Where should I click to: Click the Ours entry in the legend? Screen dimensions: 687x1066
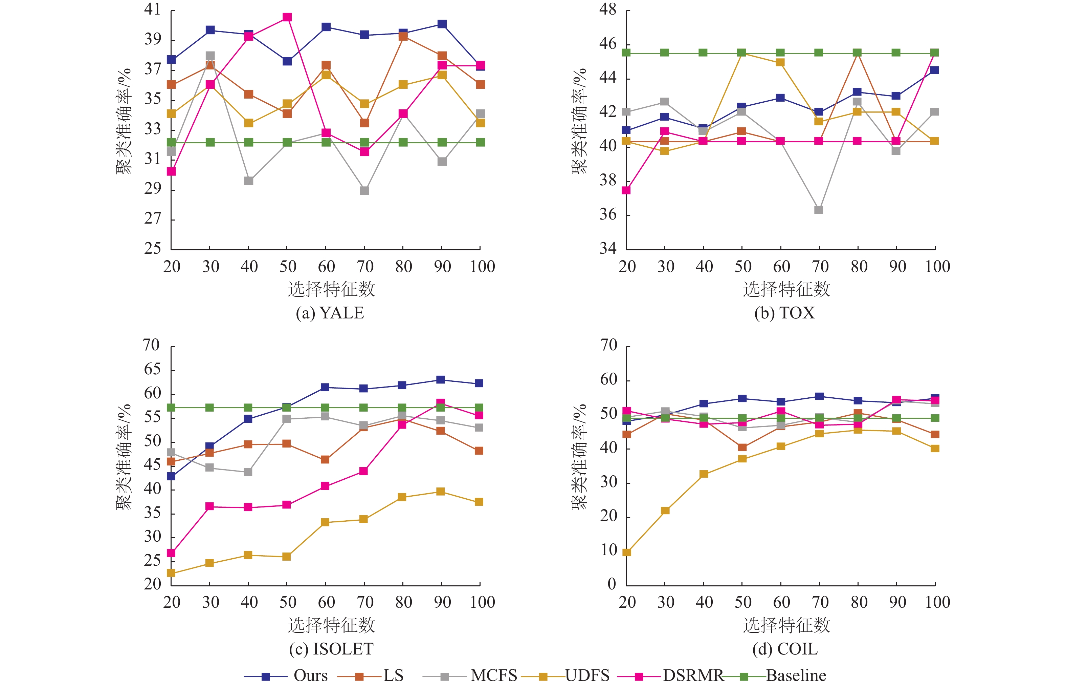pos(310,675)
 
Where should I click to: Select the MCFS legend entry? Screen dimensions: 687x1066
pos(494,675)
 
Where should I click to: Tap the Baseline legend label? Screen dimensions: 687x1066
pos(796,675)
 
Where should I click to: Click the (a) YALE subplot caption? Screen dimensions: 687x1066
pos(330,313)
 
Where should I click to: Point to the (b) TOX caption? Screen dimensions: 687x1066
pos(784,313)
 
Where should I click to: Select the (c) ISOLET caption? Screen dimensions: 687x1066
pos(331,649)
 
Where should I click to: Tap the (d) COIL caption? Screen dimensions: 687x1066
pos(785,649)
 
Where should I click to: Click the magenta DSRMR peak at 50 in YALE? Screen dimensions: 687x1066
pos(287,17)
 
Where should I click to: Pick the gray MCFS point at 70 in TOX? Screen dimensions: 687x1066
pos(819,210)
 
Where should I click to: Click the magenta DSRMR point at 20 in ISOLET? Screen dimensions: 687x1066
pos(171,553)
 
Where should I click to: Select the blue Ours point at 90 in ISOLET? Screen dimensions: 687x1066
pos(440,380)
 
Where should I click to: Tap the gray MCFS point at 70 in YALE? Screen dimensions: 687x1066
pos(364,190)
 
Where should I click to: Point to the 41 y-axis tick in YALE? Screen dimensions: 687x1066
pos(152,9)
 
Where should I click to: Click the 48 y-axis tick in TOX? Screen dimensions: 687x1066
pos(608,9)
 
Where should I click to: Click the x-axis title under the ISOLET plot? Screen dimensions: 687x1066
pos(331,625)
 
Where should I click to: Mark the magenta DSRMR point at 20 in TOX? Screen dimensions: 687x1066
pos(626,190)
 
